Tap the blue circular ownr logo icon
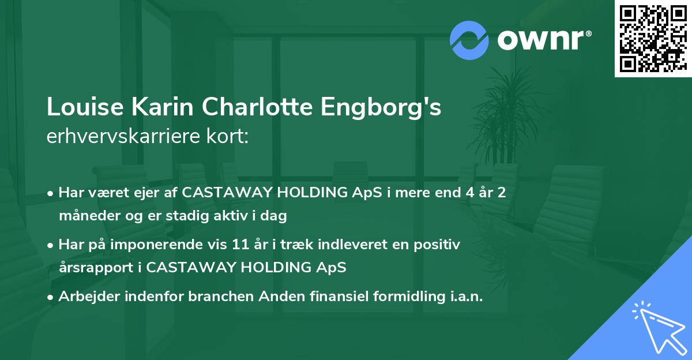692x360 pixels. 469,40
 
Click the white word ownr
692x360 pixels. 541,41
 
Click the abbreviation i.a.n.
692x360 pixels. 465,297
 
